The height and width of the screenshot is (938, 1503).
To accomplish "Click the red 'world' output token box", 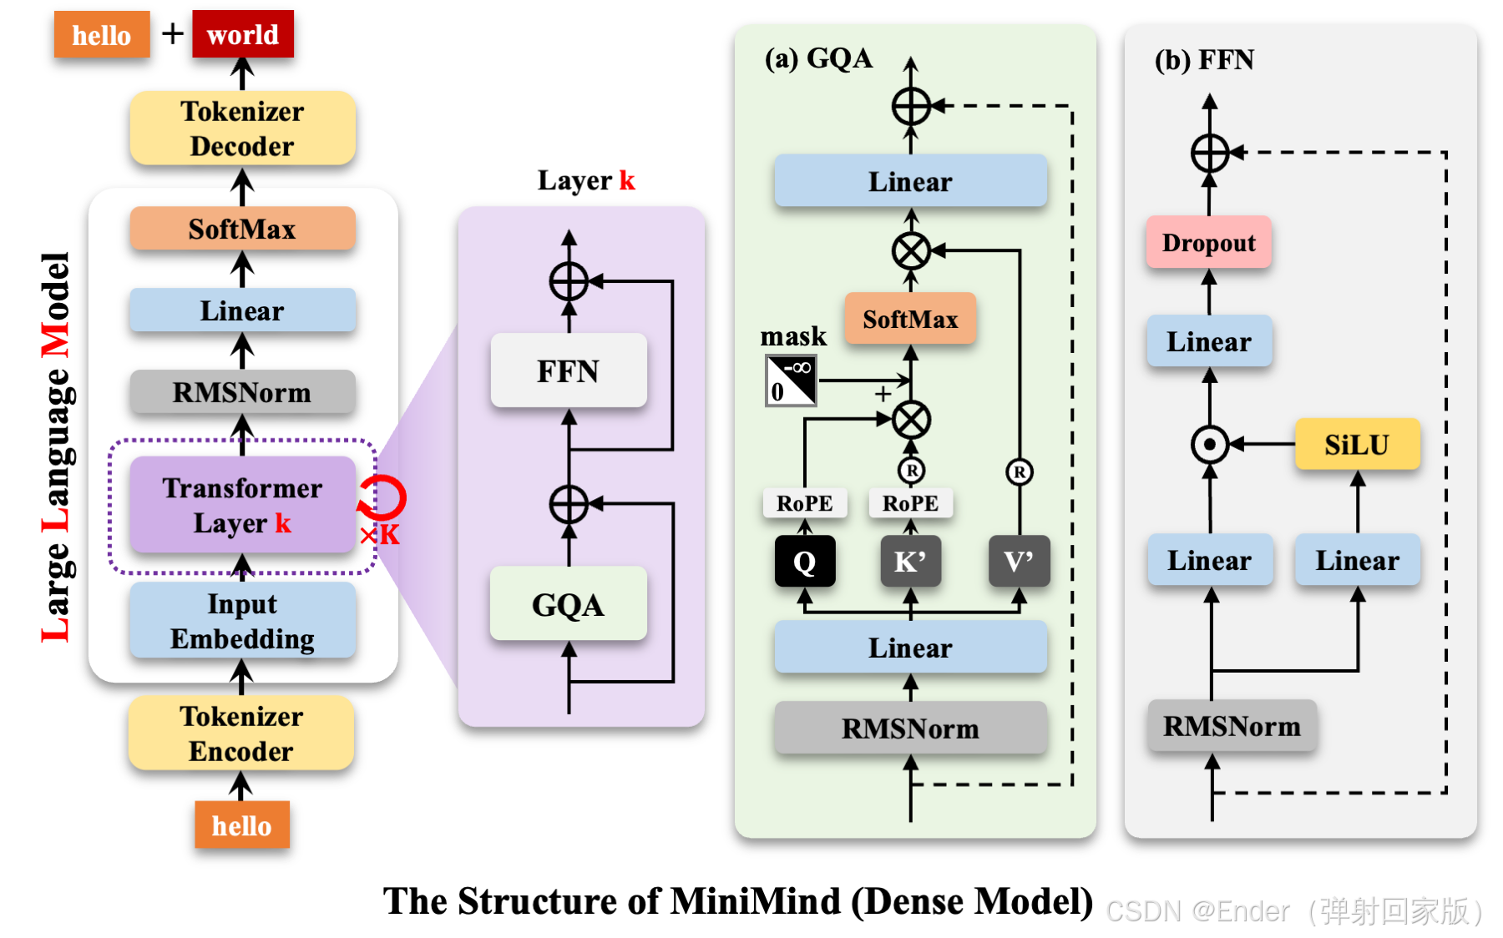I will point(242,34).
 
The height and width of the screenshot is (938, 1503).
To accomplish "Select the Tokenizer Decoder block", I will point(242,129).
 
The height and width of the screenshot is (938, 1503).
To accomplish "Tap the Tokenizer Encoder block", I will point(241,734).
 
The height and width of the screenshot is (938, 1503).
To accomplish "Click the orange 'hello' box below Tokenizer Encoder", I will point(242,825).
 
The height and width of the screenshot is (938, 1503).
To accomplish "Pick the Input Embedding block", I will point(242,621).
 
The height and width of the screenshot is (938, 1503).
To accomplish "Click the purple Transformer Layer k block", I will point(242,505).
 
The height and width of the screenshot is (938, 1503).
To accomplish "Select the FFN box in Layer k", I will point(569,371).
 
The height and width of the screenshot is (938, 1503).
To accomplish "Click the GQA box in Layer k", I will point(569,604).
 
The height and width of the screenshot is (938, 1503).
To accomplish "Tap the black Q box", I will point(804,562).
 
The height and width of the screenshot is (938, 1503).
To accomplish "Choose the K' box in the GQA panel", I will point(910,562).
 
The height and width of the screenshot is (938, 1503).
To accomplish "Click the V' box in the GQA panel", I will point(1019,562).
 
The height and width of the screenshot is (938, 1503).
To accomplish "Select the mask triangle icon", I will point(791,381).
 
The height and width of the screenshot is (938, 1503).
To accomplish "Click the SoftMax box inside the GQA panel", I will point(910,319).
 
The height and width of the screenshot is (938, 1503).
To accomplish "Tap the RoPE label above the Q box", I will point(804,503).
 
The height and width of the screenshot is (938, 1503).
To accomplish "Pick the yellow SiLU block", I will point(1357,445).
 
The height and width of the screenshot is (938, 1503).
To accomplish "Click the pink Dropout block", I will point(1208,243).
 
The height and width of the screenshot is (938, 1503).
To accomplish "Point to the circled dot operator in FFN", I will point(1210,445).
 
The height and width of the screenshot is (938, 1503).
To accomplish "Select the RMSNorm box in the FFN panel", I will point(1232,726).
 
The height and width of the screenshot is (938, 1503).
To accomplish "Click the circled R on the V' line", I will point(1019,472).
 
